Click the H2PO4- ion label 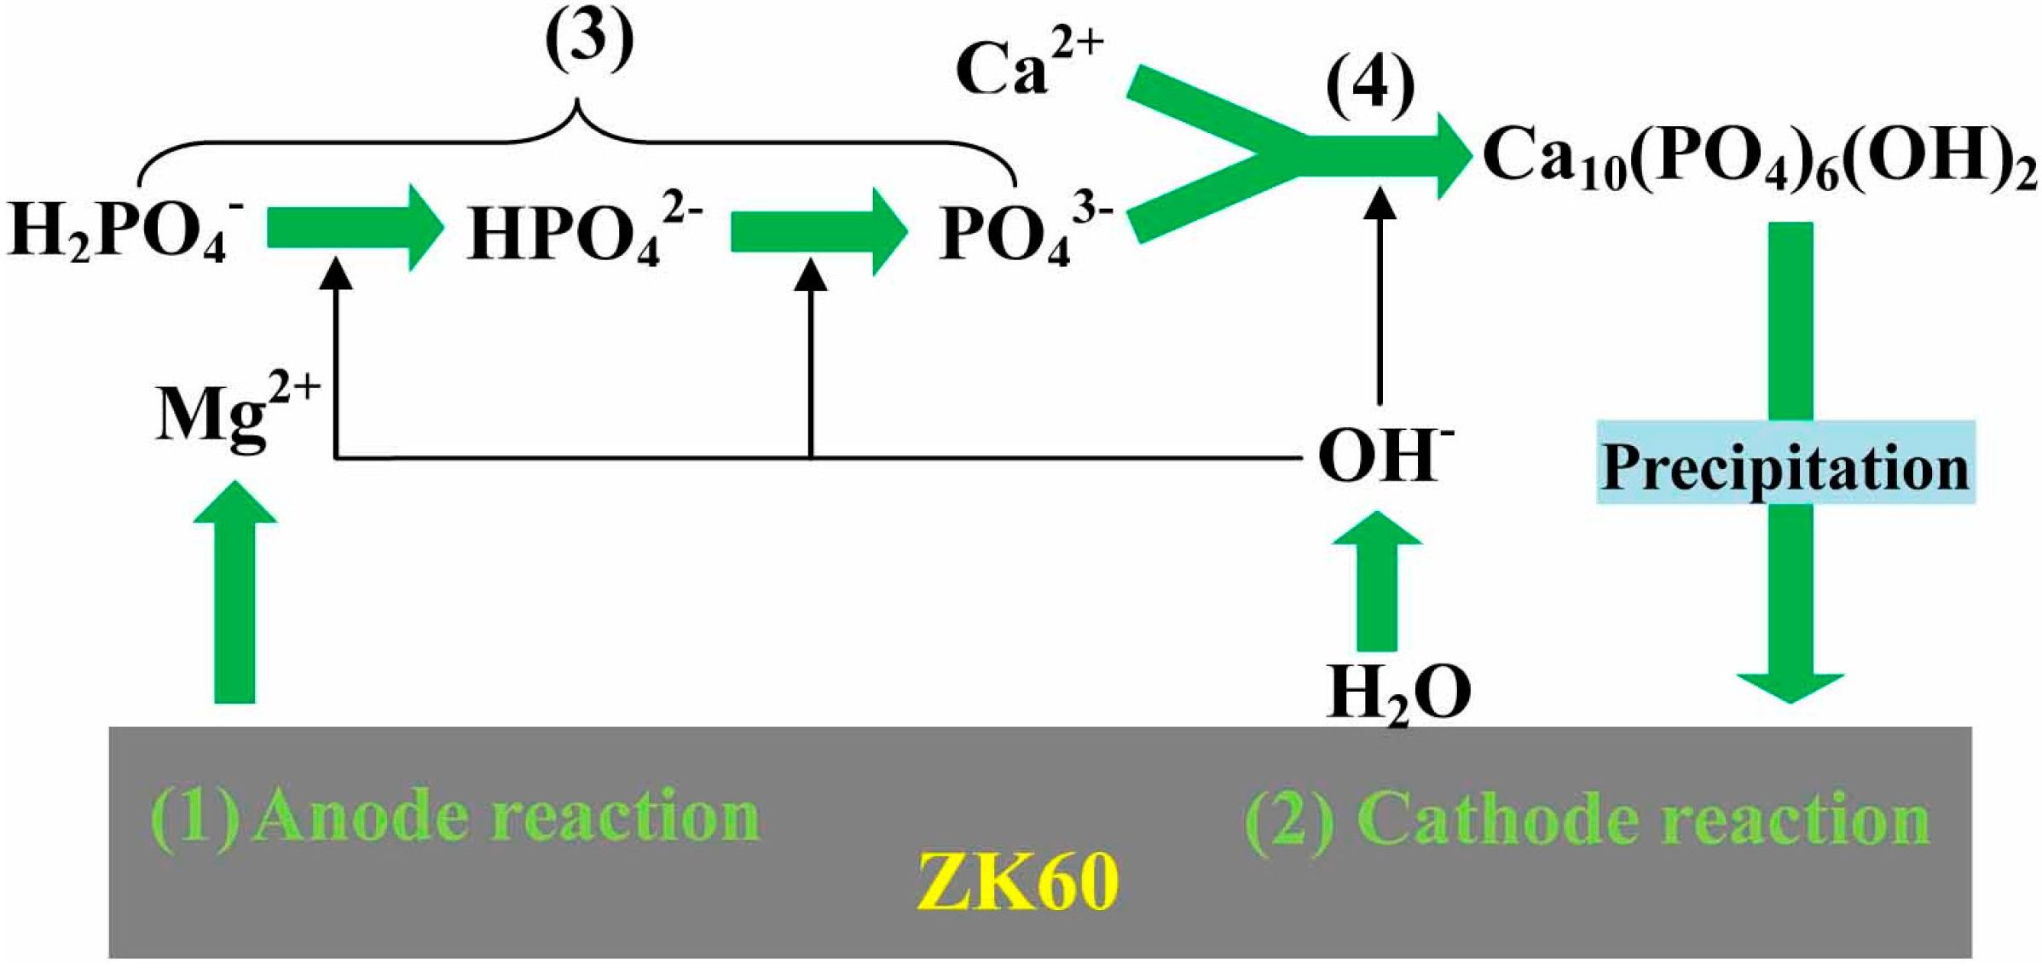(x=124, y=232)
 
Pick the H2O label (x=1398, y=693)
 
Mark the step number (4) (x=1369, y=85)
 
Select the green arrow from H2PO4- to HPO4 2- (x=354, y=228)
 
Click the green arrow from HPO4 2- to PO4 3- (x=818, y=230)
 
